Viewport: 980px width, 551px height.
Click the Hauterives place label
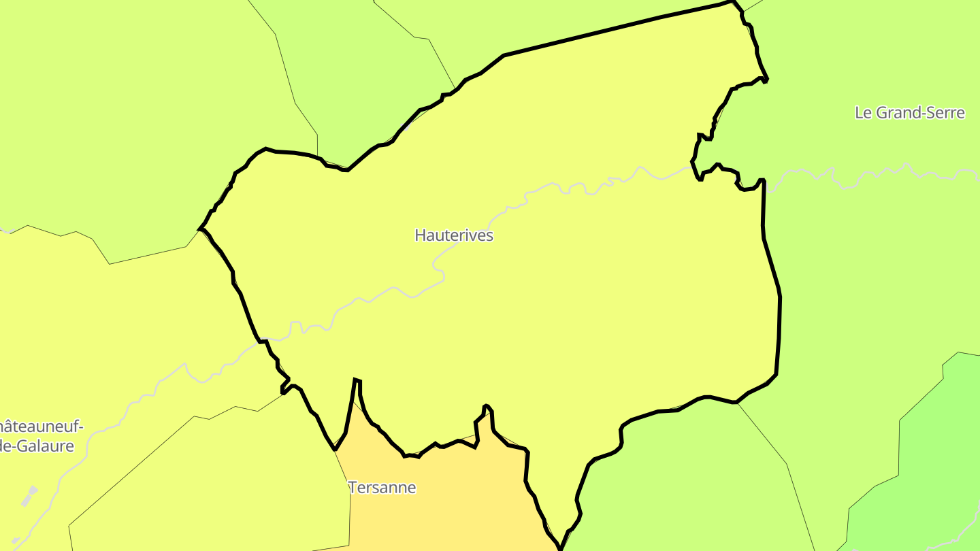click(454, 235)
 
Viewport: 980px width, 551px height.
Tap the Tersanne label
click(382, 488)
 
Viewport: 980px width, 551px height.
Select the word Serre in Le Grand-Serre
click(942, 113)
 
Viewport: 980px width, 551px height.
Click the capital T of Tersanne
click(352, 488)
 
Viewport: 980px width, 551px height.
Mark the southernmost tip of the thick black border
click(560, 548)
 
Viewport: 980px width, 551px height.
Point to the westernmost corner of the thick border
click(200, 229)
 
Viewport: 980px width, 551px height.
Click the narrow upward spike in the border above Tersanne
click(357, 381)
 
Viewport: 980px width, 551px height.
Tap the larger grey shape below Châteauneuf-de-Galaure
click(29, 496)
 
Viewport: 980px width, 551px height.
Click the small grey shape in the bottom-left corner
click(15, 541)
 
